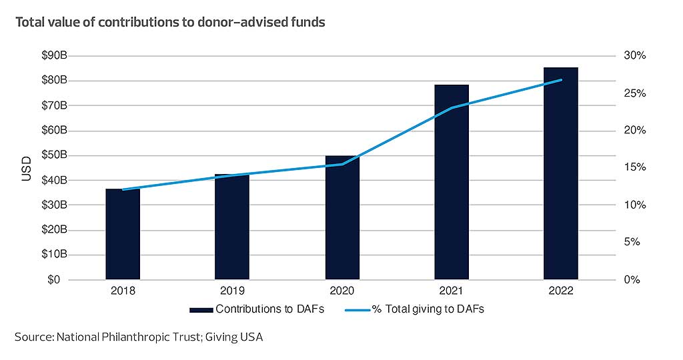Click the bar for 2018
[123, 234]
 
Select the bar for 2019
[232, 227]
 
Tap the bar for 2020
[342, 217]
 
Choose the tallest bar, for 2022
[561, 173]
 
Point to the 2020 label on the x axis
[342, 291]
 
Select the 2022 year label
[561, 291]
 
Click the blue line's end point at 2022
[562, 80]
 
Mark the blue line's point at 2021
[452, 108]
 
